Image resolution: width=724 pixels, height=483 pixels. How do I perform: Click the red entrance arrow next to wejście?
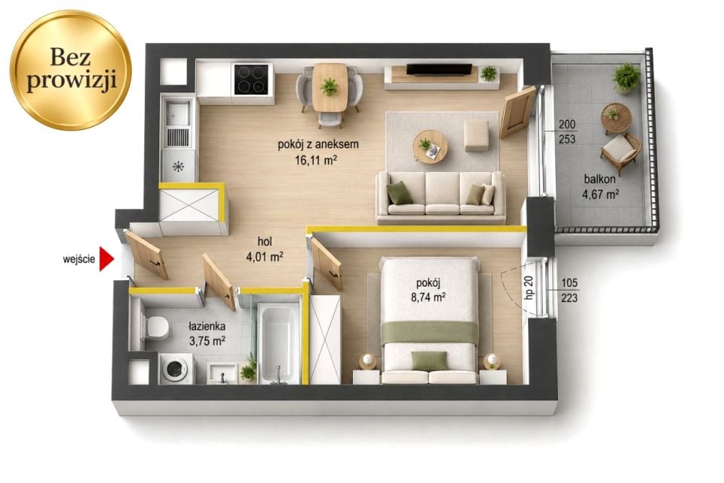pos(106,260)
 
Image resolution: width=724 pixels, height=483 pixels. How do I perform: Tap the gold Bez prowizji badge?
pos(71,70)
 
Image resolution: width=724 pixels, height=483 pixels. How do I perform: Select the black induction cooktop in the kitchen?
pos(251,79)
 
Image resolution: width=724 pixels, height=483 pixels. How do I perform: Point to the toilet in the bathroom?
pos(154,327)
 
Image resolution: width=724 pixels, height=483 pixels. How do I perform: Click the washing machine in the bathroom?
pos(176,369)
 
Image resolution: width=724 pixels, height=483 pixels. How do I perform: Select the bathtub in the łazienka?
pos(278,343)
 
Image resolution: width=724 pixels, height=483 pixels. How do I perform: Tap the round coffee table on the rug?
pos(430,146)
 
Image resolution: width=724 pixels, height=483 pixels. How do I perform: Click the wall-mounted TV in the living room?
pos(439,69)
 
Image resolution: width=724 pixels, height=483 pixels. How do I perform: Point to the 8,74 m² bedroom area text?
pos(428,297)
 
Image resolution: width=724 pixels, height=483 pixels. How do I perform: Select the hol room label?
pos(265,241)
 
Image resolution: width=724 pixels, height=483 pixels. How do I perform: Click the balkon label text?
pos(600,180)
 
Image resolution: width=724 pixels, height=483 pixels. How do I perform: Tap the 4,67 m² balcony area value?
pos(600,195)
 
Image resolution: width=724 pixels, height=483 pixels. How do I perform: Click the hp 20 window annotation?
pos(529,287)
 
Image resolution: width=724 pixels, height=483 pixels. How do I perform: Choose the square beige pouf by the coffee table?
pos(477,135)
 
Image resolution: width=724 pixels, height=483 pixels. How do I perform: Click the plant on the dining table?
pos(330,86)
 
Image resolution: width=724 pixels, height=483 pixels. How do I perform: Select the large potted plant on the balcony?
pos(626,78)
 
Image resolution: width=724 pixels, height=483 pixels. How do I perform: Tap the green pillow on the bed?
pos(429,361)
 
